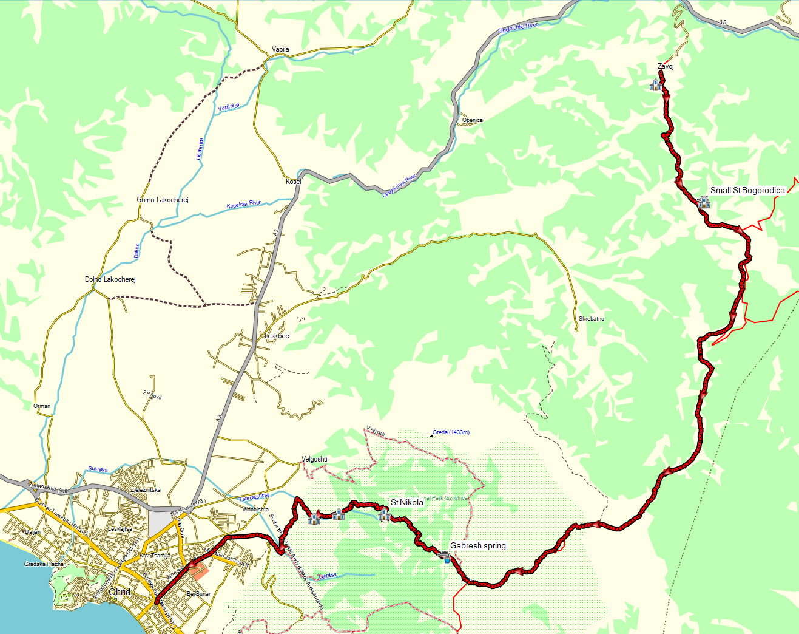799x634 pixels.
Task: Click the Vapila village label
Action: pyautogui.click(x=280, y=49)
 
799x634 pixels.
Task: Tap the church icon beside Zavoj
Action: pyautogui.click(x=656, y=84)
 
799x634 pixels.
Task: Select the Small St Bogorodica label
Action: pyautogui.click(x=747, y=190)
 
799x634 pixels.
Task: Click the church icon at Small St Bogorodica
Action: pyautogui.click(x=703, y=202)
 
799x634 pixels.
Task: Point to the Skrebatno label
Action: pyautogui.click(x=591, y=319)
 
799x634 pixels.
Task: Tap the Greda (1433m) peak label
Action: pyautogui.click(x=451, y=432)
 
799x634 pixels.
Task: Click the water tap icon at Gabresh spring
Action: pyautogui.click(x=445, y=556)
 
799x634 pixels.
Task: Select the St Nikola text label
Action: pyautogui.click(x=406, y=502)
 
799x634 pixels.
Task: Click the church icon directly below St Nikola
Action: pyautogui.click(x=383, y=515)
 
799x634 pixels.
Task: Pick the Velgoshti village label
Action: pyautogui.click(x=314, y=459)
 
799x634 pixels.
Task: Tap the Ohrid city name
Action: pyautogui.click(x=119, y=592)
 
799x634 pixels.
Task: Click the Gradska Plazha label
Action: pyautogui.click(x=44, y=564)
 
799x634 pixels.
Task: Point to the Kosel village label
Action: pyautogui.click(x=293, y=182)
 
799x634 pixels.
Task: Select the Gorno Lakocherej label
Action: pyautogui.click(x=162, y=200)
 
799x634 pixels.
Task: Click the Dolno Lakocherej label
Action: pyautogui.click(x=110, y=279)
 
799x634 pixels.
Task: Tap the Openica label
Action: pyautogui.click(x=472, y=120)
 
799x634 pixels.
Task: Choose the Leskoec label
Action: pyautogui.click(x=277, y=336)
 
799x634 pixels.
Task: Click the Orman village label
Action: pyautogui.click(x=42, y=406)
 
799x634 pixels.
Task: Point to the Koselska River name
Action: pyautogui.click(x=243, y=205)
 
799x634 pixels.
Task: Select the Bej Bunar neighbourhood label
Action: pyautogui.click(x=198, y=593)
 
